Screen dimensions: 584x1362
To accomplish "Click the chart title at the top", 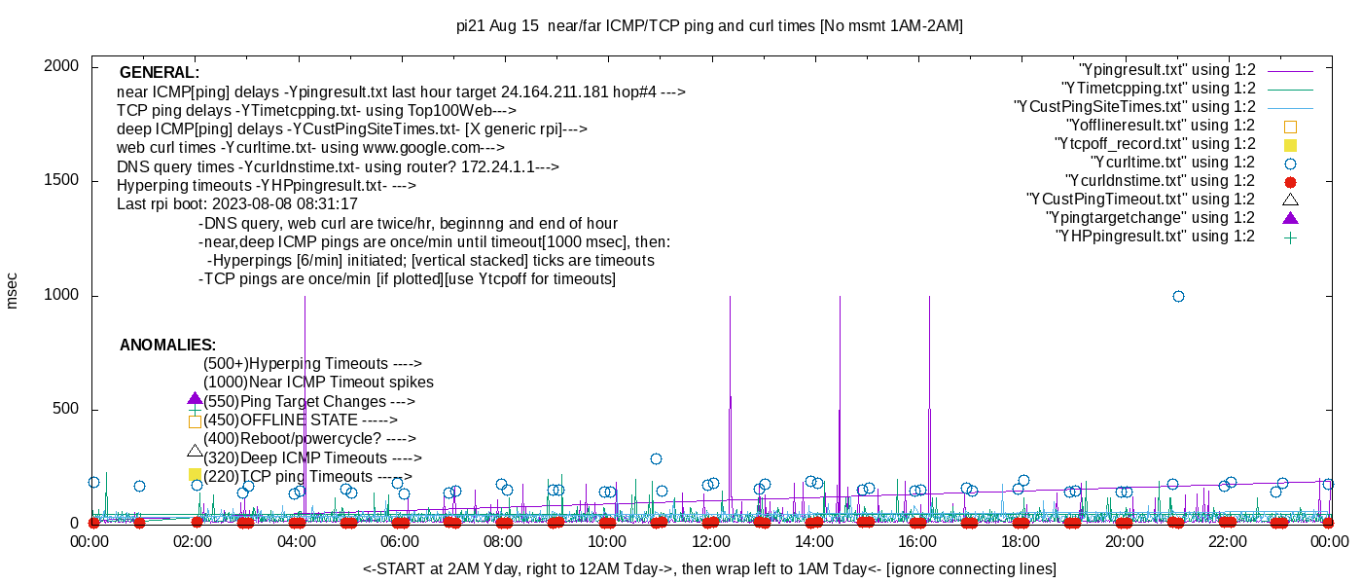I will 709,26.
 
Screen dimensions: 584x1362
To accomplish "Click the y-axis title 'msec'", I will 13,290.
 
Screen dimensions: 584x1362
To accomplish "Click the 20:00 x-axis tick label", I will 1124,542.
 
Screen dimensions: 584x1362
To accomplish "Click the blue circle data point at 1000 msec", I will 1178,296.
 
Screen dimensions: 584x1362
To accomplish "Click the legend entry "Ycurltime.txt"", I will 1172,163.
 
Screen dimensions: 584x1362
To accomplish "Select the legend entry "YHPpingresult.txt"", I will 1155,237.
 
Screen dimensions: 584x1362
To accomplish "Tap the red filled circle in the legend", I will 1291,181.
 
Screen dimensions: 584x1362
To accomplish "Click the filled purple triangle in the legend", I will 1291,217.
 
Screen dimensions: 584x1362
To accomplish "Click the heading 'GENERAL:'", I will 160,73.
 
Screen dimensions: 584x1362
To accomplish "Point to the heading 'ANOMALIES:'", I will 167,346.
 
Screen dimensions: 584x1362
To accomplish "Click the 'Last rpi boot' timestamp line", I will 237,204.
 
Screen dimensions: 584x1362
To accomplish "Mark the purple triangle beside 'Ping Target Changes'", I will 195,399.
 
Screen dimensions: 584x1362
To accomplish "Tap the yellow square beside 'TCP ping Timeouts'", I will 195,474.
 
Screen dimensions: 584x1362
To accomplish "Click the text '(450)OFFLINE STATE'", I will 301,420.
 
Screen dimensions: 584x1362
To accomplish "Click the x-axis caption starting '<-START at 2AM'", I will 709,568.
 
